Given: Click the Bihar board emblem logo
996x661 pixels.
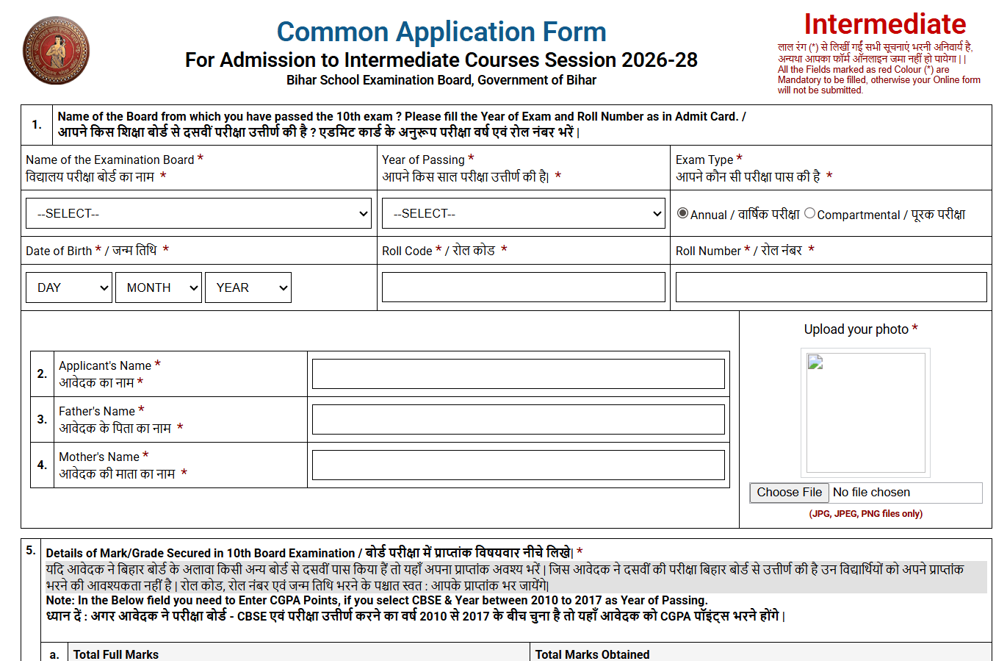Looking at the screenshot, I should click(x=56, y=51).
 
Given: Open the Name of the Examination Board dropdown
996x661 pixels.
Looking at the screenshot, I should click(x=198, y=213).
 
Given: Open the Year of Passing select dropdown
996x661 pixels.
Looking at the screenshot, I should click(x=523, y=213).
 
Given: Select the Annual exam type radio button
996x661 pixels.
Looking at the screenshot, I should click(x=683, y=213).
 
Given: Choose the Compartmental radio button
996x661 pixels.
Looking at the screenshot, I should click(x=809, y=213).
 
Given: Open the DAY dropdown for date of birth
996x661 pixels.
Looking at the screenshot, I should click(x=69, y=287).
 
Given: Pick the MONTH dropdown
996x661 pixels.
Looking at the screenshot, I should click(x=158, y=287).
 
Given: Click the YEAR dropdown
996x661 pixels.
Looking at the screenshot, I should click(x=248, y=287).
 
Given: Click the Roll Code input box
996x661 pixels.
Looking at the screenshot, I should click(x=523, y=287).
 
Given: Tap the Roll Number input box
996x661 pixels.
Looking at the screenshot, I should click(x=831, y=287).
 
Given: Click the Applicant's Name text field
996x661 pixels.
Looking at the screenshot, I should click(x=518, y=374).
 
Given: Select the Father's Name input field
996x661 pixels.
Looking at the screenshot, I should click(x=518, y=419).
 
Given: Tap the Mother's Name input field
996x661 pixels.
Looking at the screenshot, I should click(x=518, y=465).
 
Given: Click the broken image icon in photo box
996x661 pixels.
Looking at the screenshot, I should click(x=815, y=362).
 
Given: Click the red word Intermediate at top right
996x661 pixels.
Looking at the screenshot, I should click(x=884, y=24).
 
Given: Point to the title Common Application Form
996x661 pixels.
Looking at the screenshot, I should click(x=441, y=32).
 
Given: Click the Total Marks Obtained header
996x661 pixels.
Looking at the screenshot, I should click(x=592, y=654).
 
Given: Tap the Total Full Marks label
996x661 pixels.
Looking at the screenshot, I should click(x=116, y=654).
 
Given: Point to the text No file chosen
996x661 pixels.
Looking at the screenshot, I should click(x=871, y=492).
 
